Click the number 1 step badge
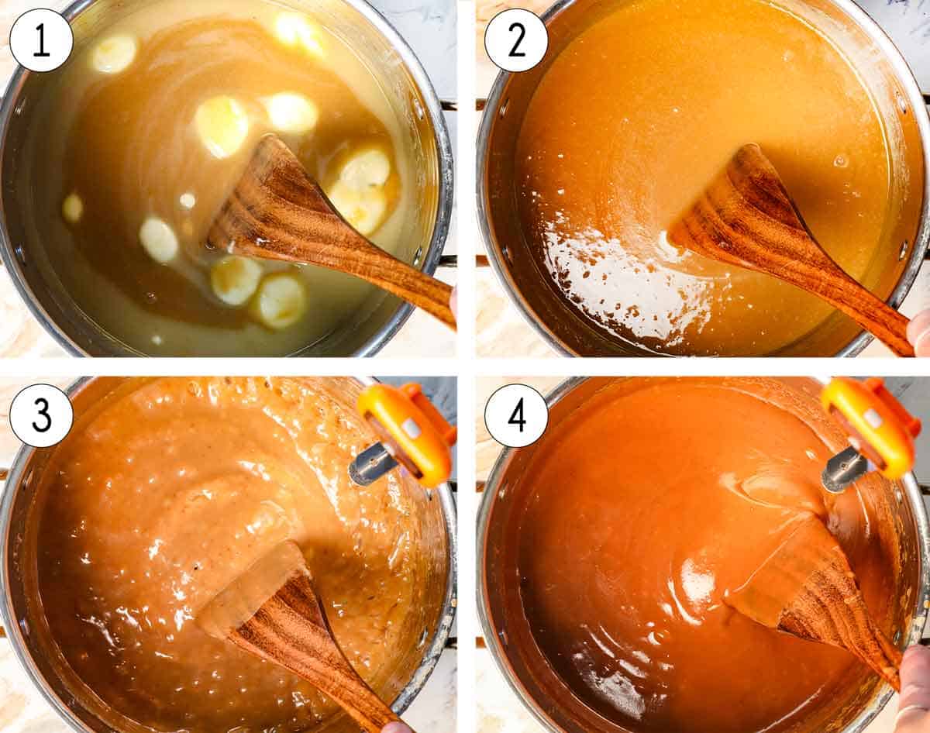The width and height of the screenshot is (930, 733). pyautogui.click(x=41, y=40)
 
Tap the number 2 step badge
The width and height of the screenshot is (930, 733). pyautogui.click(x=516, y=40)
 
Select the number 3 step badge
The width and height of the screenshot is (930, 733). pyautogui.click(x=41, y=415)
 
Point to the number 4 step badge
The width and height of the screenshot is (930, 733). pyautogui.click(x=516, y=415)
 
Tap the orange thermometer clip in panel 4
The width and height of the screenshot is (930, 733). pyautogui.click(x=870, y=425)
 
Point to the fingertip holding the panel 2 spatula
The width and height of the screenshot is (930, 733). pyautogui.click(x=920, y=329)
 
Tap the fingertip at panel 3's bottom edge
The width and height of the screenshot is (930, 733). pyautogui.click(x=397, y=727)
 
